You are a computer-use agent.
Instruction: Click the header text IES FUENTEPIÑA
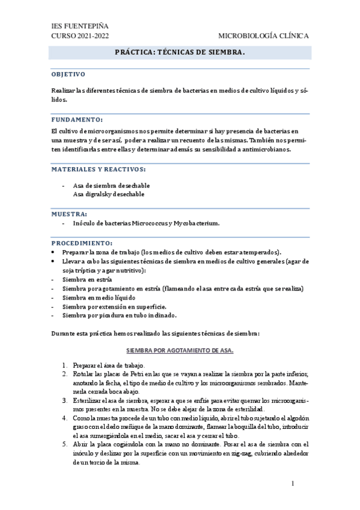click(x=80, y=26)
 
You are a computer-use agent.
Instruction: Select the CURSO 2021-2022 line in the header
click(x=81, y=36)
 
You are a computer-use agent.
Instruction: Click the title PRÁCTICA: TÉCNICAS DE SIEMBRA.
click(x=180, y=53)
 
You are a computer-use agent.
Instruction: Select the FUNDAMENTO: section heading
click(x=77, y=120)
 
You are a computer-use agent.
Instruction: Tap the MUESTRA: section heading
click(x=69, y=214)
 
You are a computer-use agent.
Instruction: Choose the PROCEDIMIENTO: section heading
click(x=81, y=242)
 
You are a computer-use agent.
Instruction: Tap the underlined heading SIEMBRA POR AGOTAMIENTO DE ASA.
click(x=180, y=349)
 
